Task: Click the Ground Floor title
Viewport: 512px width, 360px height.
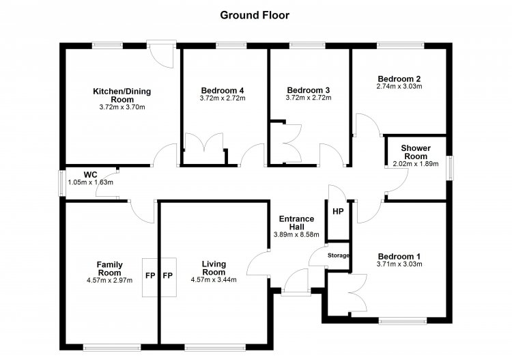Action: click(255, 15)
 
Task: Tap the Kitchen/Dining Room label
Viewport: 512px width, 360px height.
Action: click(122, 95)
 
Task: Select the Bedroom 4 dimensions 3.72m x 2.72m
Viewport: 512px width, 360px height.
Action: click(223, 98)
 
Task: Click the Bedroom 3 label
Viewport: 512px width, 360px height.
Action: click(309, 90)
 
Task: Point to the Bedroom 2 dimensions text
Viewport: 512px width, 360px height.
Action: click(399, 86)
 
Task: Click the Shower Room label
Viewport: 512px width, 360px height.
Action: click(416, 152)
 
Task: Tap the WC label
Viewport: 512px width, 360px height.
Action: click(90, 174)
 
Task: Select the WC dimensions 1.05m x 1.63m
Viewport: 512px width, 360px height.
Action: click(90, 182)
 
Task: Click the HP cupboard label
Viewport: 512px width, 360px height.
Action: click(338, 211)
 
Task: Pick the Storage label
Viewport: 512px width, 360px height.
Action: click(339, 255)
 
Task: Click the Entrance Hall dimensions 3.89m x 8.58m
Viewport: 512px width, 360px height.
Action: click(296, 234)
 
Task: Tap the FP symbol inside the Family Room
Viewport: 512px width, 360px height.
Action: click(150, 276)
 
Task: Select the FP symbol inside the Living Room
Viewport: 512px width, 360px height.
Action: click(167, 276)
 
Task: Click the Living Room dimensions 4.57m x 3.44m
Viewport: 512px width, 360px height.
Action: click(214, 279)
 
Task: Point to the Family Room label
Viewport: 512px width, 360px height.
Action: click(110, 268)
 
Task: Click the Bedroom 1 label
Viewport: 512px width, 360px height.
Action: click(399, 256)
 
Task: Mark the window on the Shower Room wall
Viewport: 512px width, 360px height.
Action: click(451, 168)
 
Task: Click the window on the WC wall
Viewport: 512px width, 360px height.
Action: click(61, 184)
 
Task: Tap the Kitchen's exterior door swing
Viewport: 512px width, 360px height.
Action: click(162, 55)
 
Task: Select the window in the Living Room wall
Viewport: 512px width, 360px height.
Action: click(215, 348)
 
